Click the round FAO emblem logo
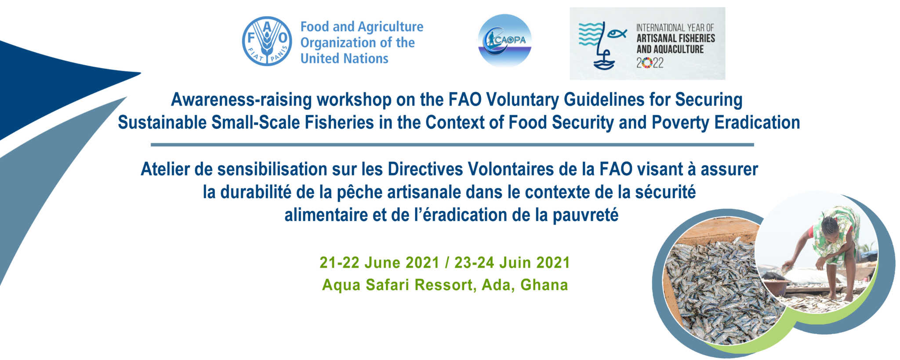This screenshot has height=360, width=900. point(267,41)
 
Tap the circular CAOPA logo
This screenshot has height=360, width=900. point(504,40)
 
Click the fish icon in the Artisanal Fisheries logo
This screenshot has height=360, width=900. point(617,33)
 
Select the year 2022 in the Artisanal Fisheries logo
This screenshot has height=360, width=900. point(650,63)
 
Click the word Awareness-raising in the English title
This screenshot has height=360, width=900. point(241,99)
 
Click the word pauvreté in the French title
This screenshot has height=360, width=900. point(585,215)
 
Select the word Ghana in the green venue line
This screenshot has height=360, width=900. point(544,285)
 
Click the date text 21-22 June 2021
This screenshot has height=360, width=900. point(379,262)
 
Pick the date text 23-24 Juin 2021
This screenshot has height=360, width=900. point(512,262)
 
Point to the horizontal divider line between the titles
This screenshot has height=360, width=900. point(452,145)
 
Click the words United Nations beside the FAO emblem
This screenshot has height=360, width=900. point(345,58)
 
